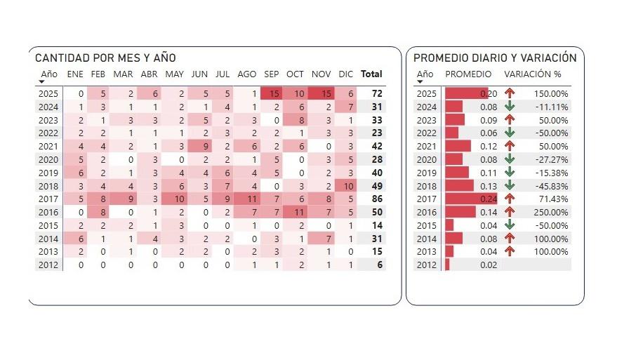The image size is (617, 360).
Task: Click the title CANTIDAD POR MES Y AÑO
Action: click(x=105, y=58)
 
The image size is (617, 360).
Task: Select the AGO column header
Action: click(x=247, y=74)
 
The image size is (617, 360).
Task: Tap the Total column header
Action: click(x=371, y=74)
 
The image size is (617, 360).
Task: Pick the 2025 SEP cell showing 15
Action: click(x=272, y=93)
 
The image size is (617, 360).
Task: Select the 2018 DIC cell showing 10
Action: click(x=345, y=185)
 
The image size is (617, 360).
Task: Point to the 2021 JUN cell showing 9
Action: click(x=199, y=146)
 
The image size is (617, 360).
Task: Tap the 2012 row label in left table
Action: click(x=48, y=265)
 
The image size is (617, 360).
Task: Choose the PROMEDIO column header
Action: click(x=469, y=74)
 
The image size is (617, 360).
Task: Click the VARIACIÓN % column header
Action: click(x=533, y=74)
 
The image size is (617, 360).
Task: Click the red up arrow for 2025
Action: click(x=510, y=93)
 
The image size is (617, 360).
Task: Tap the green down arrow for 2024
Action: click(x=510, y=107)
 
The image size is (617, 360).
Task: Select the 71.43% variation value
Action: click(x=552, y=199)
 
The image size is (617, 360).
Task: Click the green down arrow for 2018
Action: click(x=510, y=185)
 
